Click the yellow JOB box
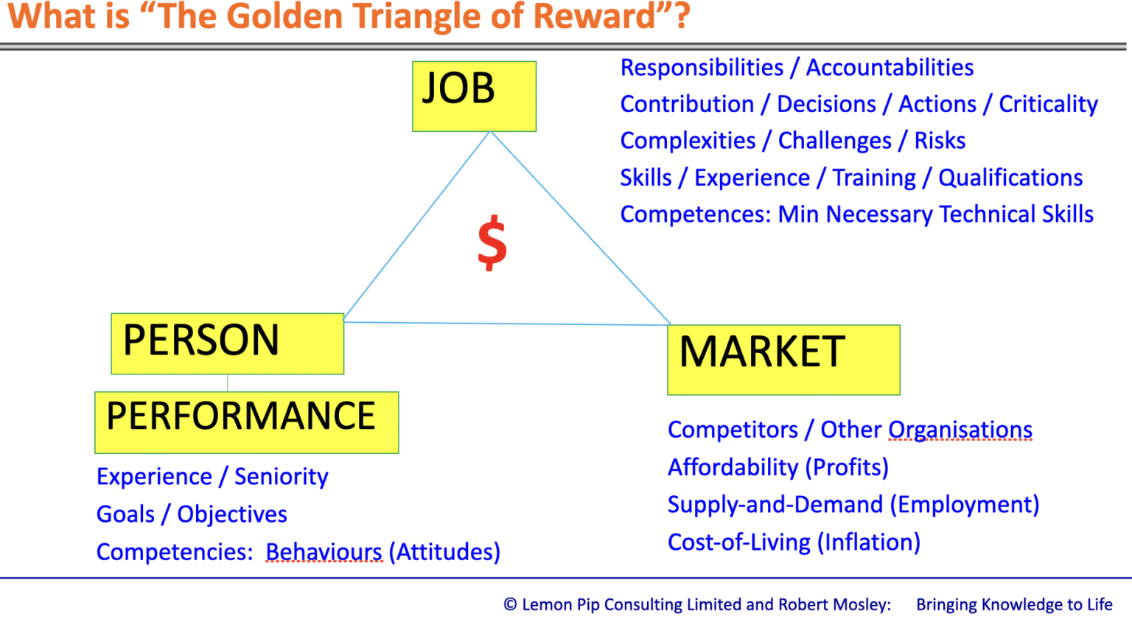[474, 97]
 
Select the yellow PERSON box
[227, 343]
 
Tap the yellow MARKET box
[783, 360]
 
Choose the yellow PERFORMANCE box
[246, 422]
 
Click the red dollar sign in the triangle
[492, 243]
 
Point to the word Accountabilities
[890, 68]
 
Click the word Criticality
[1048, 105]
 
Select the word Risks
[940, 141]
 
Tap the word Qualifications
[1010, 178]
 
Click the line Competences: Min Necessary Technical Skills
[856, 214]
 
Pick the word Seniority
[281, 478]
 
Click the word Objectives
[232, 514]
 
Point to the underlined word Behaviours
[324, 552]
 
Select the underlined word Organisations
[960, 430]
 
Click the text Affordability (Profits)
[778, 467]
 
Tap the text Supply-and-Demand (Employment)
[853, 505]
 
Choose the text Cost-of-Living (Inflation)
[794, 542]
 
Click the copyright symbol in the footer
[510, 605]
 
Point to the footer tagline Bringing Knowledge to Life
[1014, 605]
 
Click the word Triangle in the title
[401, 16]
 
